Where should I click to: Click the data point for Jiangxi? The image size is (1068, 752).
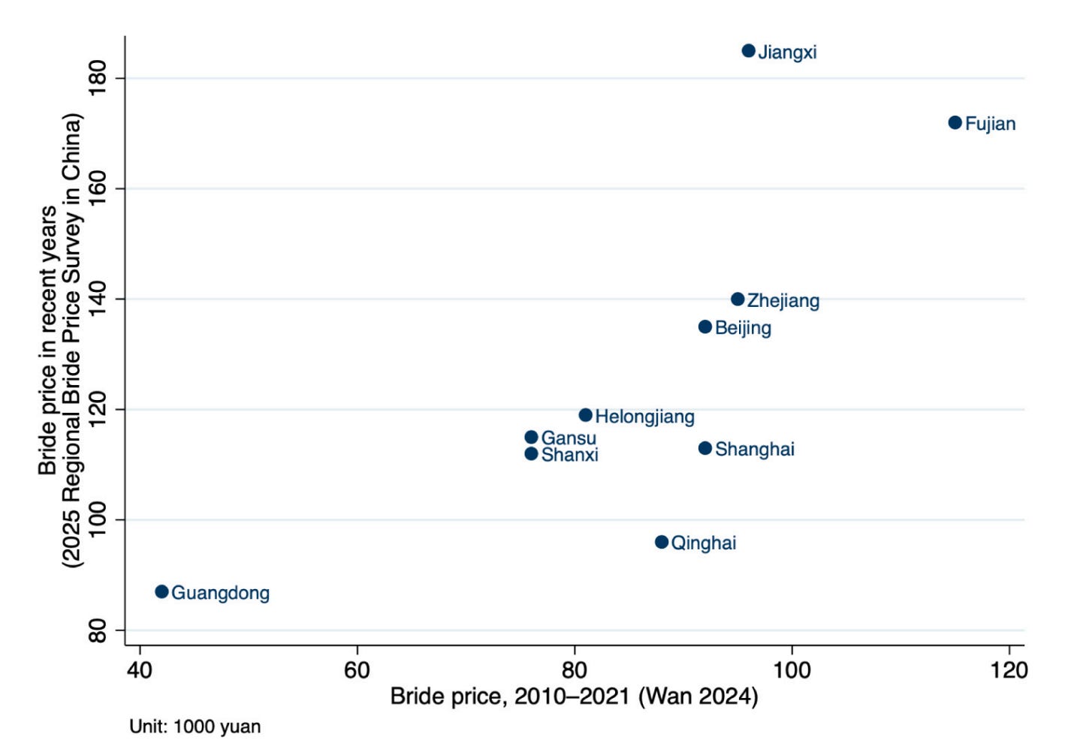[x=749, y=50]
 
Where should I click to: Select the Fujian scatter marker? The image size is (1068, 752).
[x=955, y=122]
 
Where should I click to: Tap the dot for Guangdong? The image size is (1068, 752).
[x=161, y=591]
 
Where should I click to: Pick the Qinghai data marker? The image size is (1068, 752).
[x=661, y=542]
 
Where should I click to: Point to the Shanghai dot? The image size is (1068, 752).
[x=705, y=448]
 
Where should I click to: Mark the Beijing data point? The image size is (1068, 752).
[x=705, y=326]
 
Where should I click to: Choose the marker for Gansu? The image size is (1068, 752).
[x=531, y=437]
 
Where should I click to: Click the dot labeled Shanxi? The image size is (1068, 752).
[x=531, y=454]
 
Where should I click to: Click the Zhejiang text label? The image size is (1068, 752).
[x=783, y=301]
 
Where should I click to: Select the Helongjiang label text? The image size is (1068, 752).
[x=645, y=417]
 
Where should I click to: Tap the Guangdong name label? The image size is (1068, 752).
[x=220, y=594]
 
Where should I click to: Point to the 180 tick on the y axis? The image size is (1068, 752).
[x=98, y=78]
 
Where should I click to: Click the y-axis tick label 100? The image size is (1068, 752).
[x=98, y=519]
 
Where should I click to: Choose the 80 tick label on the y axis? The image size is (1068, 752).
[x=98, y=630]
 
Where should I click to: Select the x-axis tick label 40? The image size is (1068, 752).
[x=139, y=670]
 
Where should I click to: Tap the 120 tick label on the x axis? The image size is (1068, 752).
[x=1009, y=670]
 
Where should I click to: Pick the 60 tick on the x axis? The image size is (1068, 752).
[x=357, y=670]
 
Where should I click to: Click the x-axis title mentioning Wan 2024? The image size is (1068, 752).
[x=574, y=696]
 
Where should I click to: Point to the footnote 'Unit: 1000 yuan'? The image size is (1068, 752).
[x=195, y=726]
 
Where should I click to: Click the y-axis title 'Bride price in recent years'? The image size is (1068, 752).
[x=47, y=340]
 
